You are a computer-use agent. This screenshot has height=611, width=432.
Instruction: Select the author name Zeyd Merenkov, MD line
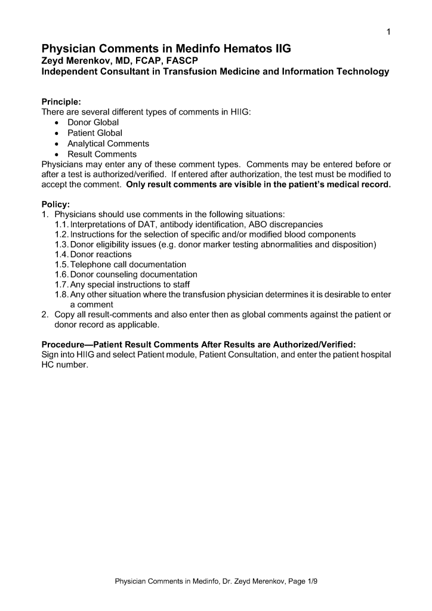pyautogui.click(x=119, y=61)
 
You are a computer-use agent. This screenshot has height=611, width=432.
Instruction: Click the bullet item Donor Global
pyautogui.click(x=93, y=122)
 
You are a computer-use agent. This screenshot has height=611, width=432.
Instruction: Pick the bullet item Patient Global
pyautogui.click(x=95, y=133)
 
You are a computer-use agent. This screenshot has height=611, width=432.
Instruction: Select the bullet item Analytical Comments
pyautogui.click(x=108, y=144)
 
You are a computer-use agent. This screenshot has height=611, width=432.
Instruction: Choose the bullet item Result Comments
pyautogui.click(x=102, y=155)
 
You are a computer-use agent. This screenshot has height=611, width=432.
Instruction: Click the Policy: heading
pyautogui.click(x=55, y=204)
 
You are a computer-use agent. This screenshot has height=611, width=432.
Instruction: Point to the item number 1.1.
pyautogui.click(x=61, y=224)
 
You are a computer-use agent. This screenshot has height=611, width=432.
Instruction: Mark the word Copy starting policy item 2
pyautogui.click(x=65, y=314)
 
